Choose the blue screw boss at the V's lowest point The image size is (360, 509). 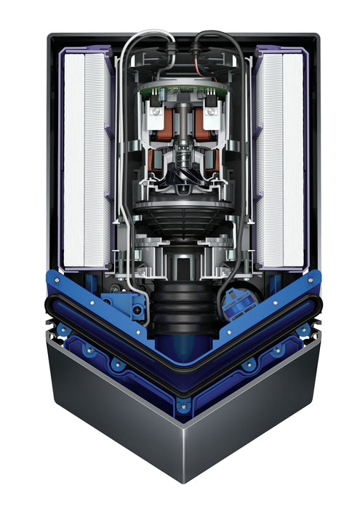point(182,404)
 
